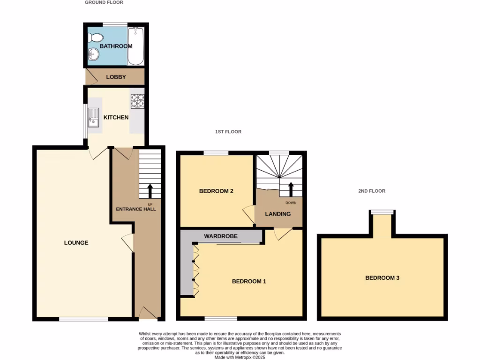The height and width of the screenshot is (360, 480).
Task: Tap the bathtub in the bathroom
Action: [x=136, y=46]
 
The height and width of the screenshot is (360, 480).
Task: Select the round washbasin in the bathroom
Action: [x=92, y=55]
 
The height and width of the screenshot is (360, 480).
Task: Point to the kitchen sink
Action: [x=93, y=117]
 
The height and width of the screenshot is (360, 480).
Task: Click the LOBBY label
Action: [x=116, y=77]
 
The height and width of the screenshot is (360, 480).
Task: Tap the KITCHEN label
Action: [x=116, y=117]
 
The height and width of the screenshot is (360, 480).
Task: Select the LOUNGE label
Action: [x=76, y=243]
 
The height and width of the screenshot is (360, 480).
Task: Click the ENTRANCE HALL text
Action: [x=136, y=209]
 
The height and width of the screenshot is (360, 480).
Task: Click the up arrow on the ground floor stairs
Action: [x=150, y=190]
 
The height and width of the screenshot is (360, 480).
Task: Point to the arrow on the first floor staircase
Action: [x=291, y=189]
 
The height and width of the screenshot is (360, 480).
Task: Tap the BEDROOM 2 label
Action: [x=216, y=191]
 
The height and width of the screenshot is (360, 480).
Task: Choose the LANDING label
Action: [x=278, y=214]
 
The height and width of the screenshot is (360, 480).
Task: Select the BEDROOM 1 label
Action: [x=249, y=282]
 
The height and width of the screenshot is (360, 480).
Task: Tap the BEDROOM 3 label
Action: [x=382, y=278]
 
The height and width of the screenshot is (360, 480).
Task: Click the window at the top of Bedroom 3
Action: [x=382, y=212]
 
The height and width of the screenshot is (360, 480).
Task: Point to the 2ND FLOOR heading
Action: [x=371, y=191]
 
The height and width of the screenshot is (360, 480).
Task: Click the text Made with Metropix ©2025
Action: [x=240, y=357]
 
